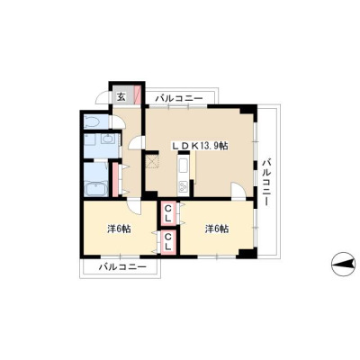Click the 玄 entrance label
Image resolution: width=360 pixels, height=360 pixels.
coord(121,96)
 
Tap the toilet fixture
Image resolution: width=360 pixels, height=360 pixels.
coord(93,121)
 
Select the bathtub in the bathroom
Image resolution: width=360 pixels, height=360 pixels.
coord(96,189)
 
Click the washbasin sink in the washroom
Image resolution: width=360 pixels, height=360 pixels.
coord(107,139)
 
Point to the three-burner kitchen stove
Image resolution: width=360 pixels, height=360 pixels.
coord(183,187)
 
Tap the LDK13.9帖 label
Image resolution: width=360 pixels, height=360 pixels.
coord(200,146)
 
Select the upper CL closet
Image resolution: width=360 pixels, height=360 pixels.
coord(168,213)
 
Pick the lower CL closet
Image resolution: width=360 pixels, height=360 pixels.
coord(168,243)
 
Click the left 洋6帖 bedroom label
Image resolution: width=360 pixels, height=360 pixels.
coord(119,229)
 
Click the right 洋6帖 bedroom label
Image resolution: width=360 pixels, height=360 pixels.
coord(217,229)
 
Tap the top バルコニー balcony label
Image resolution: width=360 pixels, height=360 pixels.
coord(179,98)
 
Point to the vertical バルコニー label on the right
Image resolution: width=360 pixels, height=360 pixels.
coord(266,183)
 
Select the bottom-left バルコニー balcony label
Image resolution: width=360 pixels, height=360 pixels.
coord(123,266)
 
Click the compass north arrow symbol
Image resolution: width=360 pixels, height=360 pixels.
coord(345,264)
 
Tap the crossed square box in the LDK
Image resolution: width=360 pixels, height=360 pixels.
coord(153,162)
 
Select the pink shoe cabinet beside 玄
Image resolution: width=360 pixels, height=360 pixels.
coord(137,94)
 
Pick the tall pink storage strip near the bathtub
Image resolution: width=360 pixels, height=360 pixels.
coord(115,179)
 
